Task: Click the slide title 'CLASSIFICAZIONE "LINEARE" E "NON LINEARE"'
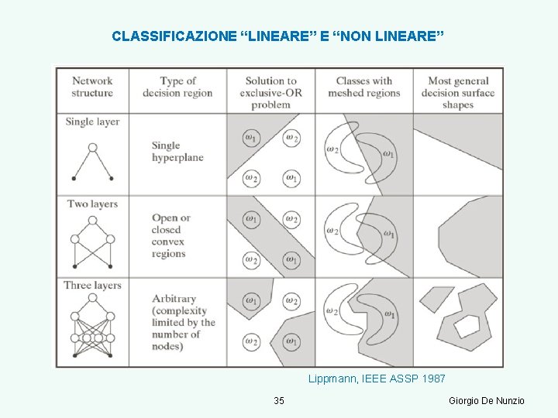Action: point(277,36)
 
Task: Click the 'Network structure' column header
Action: point(92,87)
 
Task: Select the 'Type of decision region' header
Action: point(177,87)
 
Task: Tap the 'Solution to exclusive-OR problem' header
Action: point(270,92)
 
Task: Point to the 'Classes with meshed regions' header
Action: point(363,87)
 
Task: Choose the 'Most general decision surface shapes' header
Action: point(458,92)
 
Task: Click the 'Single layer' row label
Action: point(92,122)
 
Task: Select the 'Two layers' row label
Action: point(92,204)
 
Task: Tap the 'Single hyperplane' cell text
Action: point(177,151)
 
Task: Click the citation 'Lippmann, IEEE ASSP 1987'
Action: point(377,379)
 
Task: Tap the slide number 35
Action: point(279,400)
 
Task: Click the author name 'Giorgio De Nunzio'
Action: point(487,400)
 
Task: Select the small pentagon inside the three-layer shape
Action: point(467,326)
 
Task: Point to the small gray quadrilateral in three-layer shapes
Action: point(436,298)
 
